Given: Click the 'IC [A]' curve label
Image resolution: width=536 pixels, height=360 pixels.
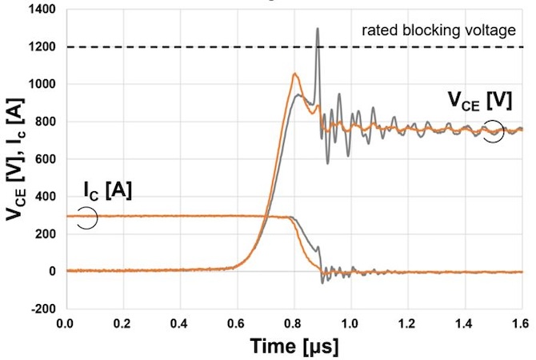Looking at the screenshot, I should click(x=107, y=191).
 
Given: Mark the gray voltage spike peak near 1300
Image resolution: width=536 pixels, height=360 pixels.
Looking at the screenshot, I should click(x=318, y=29).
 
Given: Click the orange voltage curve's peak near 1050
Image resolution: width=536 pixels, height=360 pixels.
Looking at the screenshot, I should click(x=295, y=74).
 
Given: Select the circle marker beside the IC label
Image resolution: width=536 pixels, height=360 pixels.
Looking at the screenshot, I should click(x=87, y=218).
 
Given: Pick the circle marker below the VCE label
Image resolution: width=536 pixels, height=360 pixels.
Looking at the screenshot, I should click(x=493, y=130).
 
